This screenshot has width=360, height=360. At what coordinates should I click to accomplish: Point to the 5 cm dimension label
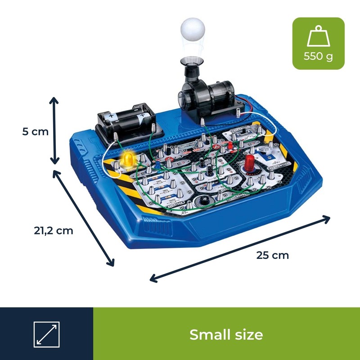pyautogui.click(x=35, y=132)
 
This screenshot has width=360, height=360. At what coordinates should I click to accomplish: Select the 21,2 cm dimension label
pyautogui.click(x=53, y=230)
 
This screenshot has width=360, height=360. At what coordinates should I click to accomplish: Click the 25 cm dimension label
pyautogui.click(x=273, y=255)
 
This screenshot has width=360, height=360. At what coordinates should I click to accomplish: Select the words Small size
pyautogui.click(x=226, y=334)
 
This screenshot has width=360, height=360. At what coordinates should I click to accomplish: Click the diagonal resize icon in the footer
pyautogui.click(x=46, y=334)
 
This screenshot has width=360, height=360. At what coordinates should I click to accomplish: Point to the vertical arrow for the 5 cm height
pyautogui.click(x=54, y=131)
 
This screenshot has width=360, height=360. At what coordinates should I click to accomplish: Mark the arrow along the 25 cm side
pyautogui.click(x=240, y=249)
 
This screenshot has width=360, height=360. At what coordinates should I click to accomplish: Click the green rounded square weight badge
pyautogui.click(x=318, y=43)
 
